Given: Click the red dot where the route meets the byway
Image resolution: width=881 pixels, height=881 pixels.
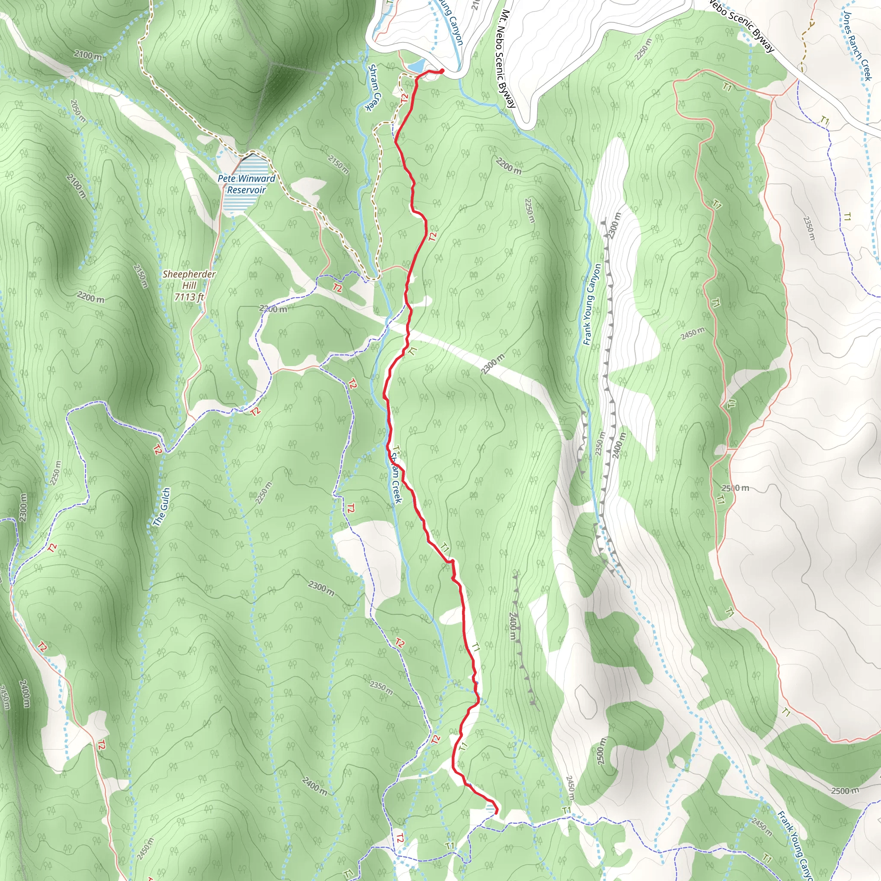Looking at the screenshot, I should (x=441, y=71).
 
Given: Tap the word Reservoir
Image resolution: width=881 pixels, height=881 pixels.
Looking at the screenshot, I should (x=246, y=190).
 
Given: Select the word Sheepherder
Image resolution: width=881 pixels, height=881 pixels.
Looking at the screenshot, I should (x=189, y=274).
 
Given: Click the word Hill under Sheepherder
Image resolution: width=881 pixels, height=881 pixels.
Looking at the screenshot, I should (x=189, y=286).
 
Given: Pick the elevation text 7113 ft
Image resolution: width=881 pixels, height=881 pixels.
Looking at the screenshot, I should (x=189, y=297).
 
